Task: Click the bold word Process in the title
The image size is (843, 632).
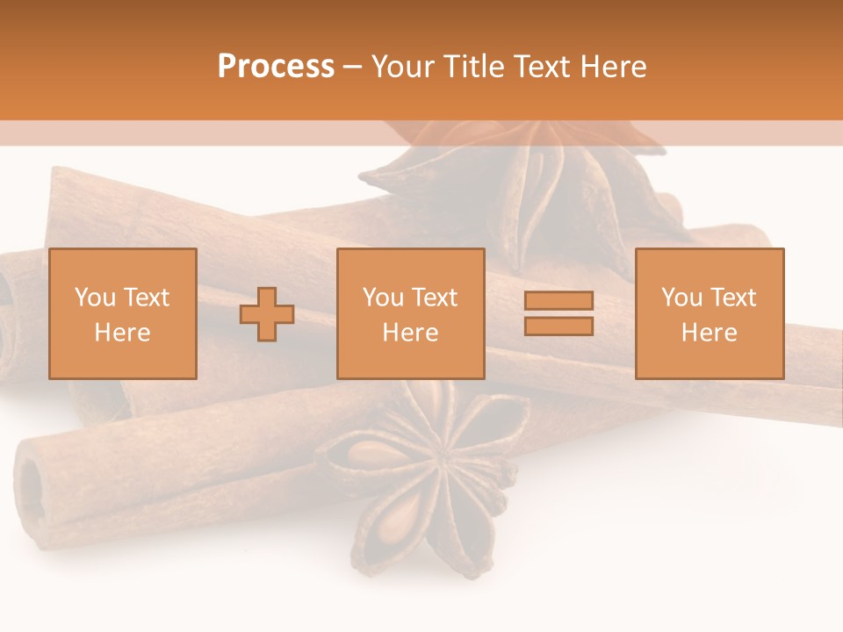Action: click(x=276, y=67)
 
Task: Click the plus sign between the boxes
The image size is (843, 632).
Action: click(x=267, y=314)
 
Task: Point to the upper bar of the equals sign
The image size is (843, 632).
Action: click(x=558, y=300)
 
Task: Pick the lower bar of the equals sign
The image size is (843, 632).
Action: click(x=558, y=327)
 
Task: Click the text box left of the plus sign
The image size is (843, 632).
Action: click(x=123, y=313)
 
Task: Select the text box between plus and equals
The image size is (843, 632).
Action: click(x=410, y=313)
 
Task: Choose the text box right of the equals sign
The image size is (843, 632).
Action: click(x=710, y=313)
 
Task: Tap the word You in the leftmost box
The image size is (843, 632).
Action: click(x=94, y=298)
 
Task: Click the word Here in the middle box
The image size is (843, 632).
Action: click(x=410, y=333)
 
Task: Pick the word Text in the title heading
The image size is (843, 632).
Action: click(x=542, y=67)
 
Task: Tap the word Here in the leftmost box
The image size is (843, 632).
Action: click(x=123, y=333)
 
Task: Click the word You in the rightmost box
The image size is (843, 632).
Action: click(x=681, y=298)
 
